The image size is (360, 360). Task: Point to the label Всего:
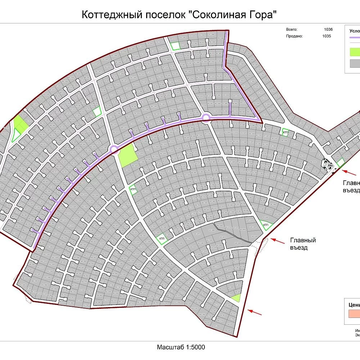292,30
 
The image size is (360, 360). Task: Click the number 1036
328,30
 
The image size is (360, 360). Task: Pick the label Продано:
294,36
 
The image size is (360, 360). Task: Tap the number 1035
327,36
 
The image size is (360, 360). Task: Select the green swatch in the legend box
355,51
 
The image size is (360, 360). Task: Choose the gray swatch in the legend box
355,63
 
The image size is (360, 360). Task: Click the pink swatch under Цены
354,314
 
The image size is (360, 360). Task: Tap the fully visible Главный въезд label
303,244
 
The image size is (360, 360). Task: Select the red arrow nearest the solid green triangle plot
255,311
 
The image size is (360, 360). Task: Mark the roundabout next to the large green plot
114,149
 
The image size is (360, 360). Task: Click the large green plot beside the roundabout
128,157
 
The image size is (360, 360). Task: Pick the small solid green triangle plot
236,298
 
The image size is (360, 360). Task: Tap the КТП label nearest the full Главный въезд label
266,225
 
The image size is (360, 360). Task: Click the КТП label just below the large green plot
133,189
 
